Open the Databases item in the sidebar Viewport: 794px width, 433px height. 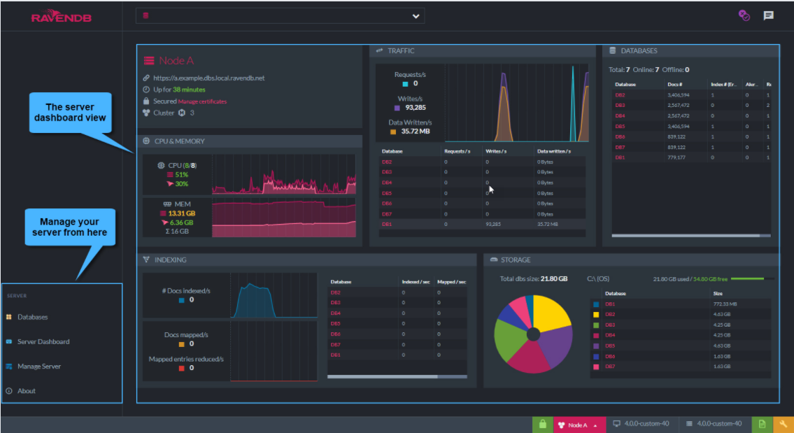[x=32, y=317]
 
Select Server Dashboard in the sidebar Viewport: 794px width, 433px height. [x=43, y=341]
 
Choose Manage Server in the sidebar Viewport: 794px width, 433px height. [x=38, y=366]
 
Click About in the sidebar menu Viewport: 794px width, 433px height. [x=27, y=390]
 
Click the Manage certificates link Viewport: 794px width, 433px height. [x=202, y=101]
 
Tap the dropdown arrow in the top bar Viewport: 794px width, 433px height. [x=416, y=16]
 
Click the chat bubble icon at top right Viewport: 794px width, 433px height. [x=768, y=15]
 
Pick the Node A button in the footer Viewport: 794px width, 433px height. [x=577, y=425]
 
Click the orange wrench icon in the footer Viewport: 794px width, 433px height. [x=784, y=424]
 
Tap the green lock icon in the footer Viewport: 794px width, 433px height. [x=542, y=424]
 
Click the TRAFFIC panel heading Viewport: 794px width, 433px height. [x=401, y=50]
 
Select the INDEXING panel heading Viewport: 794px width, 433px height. [x=170, y=260]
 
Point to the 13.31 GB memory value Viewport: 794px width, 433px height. [x=181, y=213]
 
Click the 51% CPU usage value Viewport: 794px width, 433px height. [x=181, y=174]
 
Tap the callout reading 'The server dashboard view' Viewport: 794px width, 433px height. [x=70, y=112]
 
